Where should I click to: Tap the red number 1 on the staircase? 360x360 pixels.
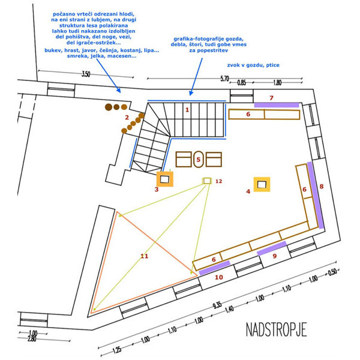click(x=187, y=110)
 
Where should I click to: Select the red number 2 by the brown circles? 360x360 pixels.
click(x=127, y=118)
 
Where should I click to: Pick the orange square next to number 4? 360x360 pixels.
click(x=262, y=184)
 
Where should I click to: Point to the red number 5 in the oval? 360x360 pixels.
click(x=199, y=160)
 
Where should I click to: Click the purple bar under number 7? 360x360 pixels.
click(x=276, y=104)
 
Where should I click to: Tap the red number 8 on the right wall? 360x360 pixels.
click(x=322, y=187)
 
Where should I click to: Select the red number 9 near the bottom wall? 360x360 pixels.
click(x=275, y=256)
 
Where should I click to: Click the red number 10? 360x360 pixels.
click(x=219, y=277)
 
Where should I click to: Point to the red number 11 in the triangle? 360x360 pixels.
click(x=144, y=256)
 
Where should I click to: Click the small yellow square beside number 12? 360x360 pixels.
click(x=207, y=181)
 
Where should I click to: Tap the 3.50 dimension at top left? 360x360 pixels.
click(x=85, y=74)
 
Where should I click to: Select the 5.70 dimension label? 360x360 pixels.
click(x=226, y=79)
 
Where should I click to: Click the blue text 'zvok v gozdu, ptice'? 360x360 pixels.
click(x=253, y=64)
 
